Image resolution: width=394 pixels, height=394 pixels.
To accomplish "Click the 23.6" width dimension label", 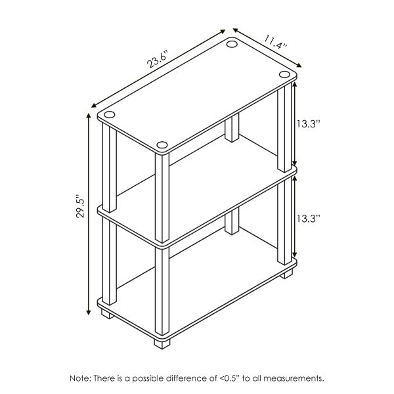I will (158, 59).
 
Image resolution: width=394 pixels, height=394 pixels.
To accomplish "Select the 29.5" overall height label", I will (79, 209).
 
